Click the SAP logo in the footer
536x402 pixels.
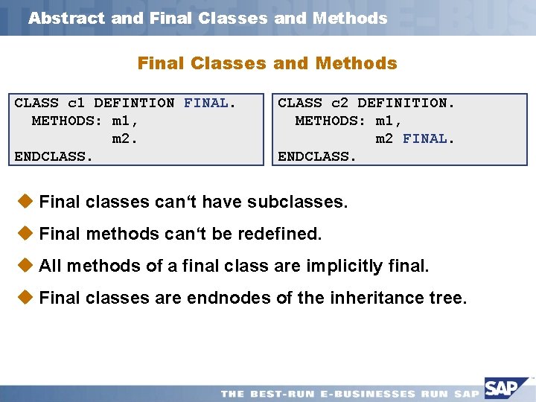508,389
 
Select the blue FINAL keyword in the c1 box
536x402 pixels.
206,103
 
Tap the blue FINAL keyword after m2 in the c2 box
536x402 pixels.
425,138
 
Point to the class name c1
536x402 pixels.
77,103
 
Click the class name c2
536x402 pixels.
340,103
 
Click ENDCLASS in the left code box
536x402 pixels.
54,156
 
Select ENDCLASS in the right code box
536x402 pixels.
318,156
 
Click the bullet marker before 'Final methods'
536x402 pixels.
25,233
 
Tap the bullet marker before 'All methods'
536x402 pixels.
25,265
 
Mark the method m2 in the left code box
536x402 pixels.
124,138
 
